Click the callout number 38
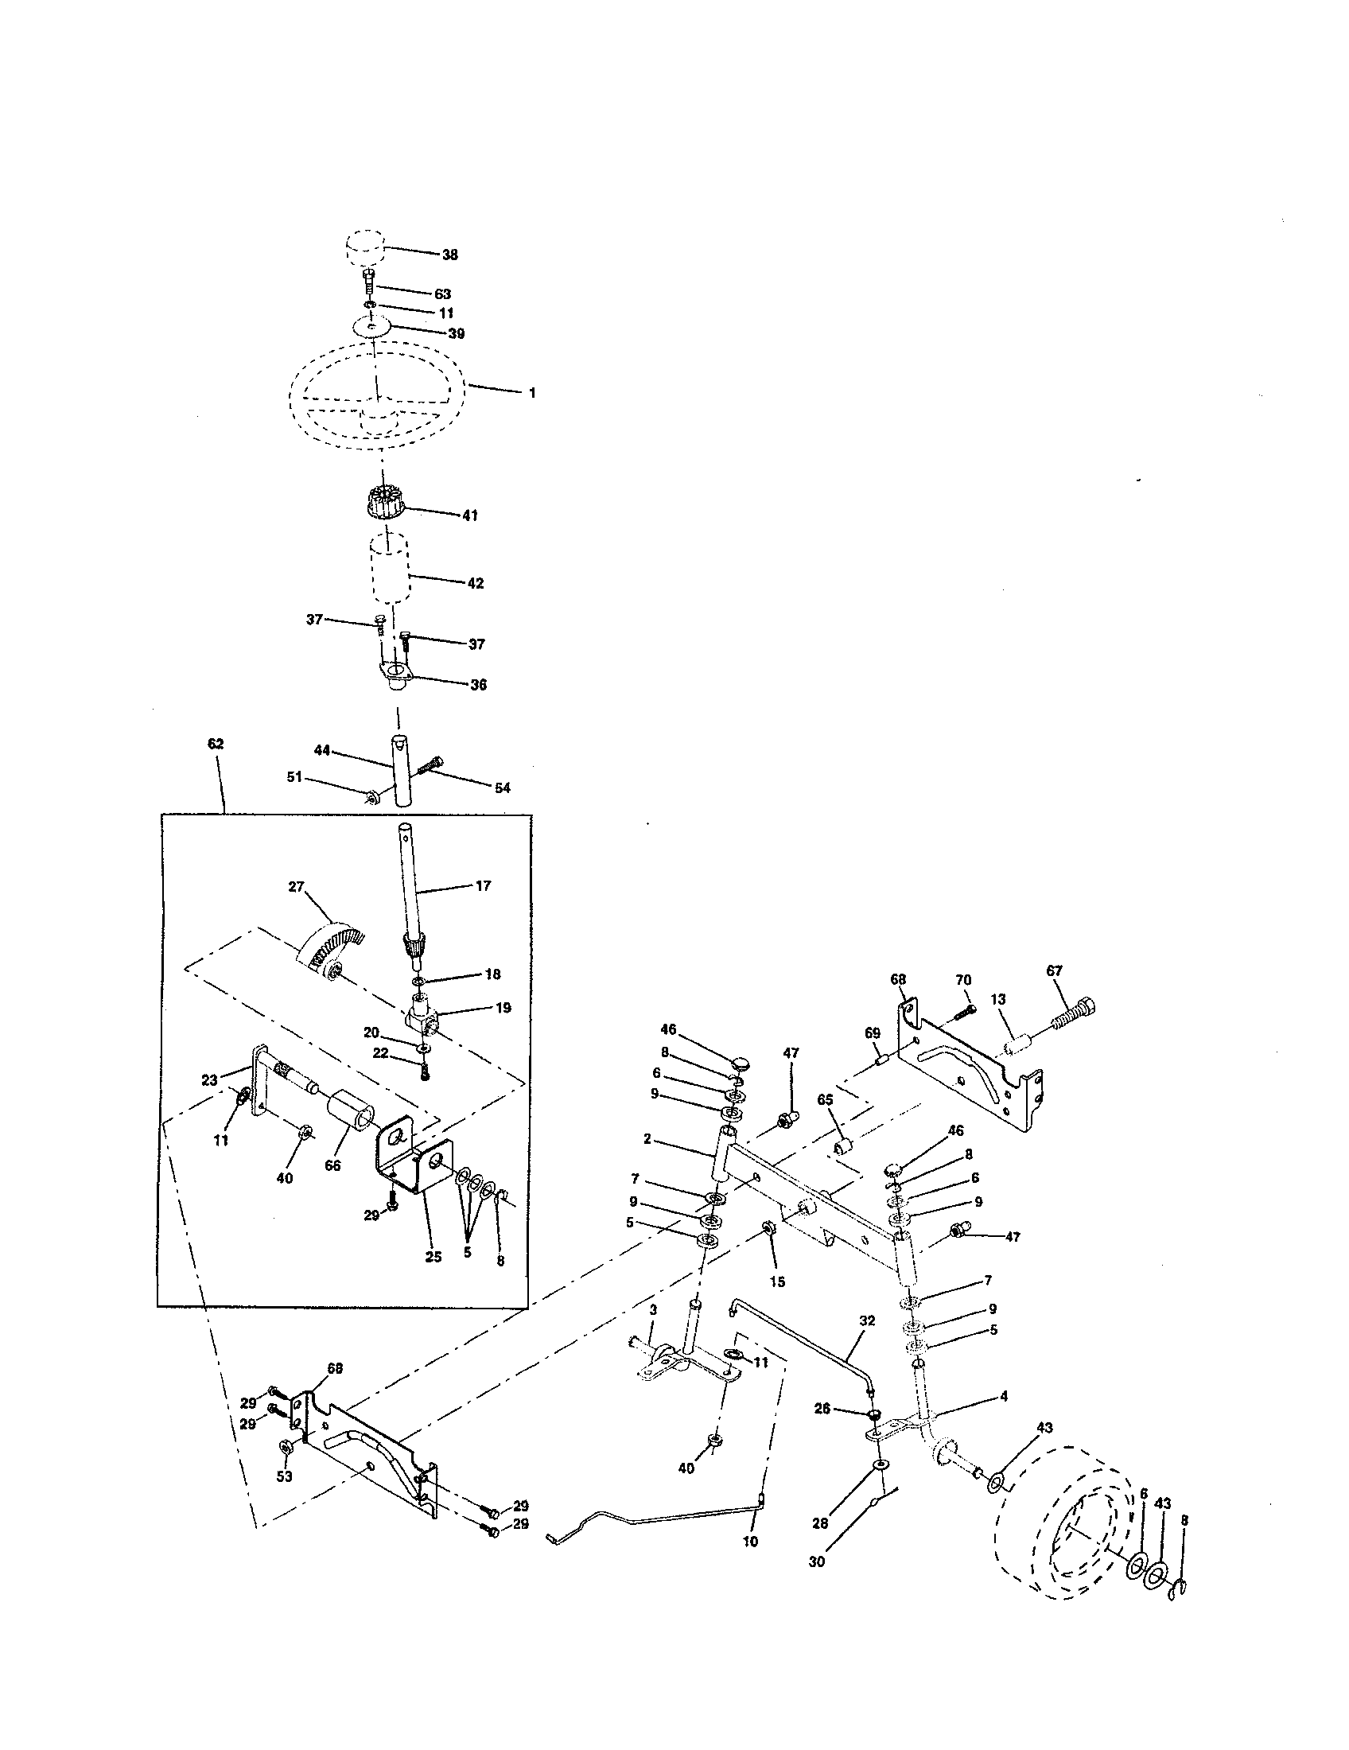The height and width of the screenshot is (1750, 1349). tap(449, 255)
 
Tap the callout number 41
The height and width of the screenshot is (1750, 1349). tap(469, 515)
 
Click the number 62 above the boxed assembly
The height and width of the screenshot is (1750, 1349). tap(216, 744)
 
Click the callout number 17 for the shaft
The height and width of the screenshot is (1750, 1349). tap(483, 886)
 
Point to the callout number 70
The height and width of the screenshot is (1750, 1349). tap(963, 980)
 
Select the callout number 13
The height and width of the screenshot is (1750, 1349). tap(997, 1000)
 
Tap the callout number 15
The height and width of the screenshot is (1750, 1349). tap(777, 1281)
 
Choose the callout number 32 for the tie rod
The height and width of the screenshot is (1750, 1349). tap(867, 1320)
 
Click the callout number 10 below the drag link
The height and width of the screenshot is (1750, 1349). tap(750, 1541)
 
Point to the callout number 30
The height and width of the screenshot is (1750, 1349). tap(816, 1561)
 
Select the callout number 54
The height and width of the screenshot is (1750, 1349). tap(501, 788)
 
